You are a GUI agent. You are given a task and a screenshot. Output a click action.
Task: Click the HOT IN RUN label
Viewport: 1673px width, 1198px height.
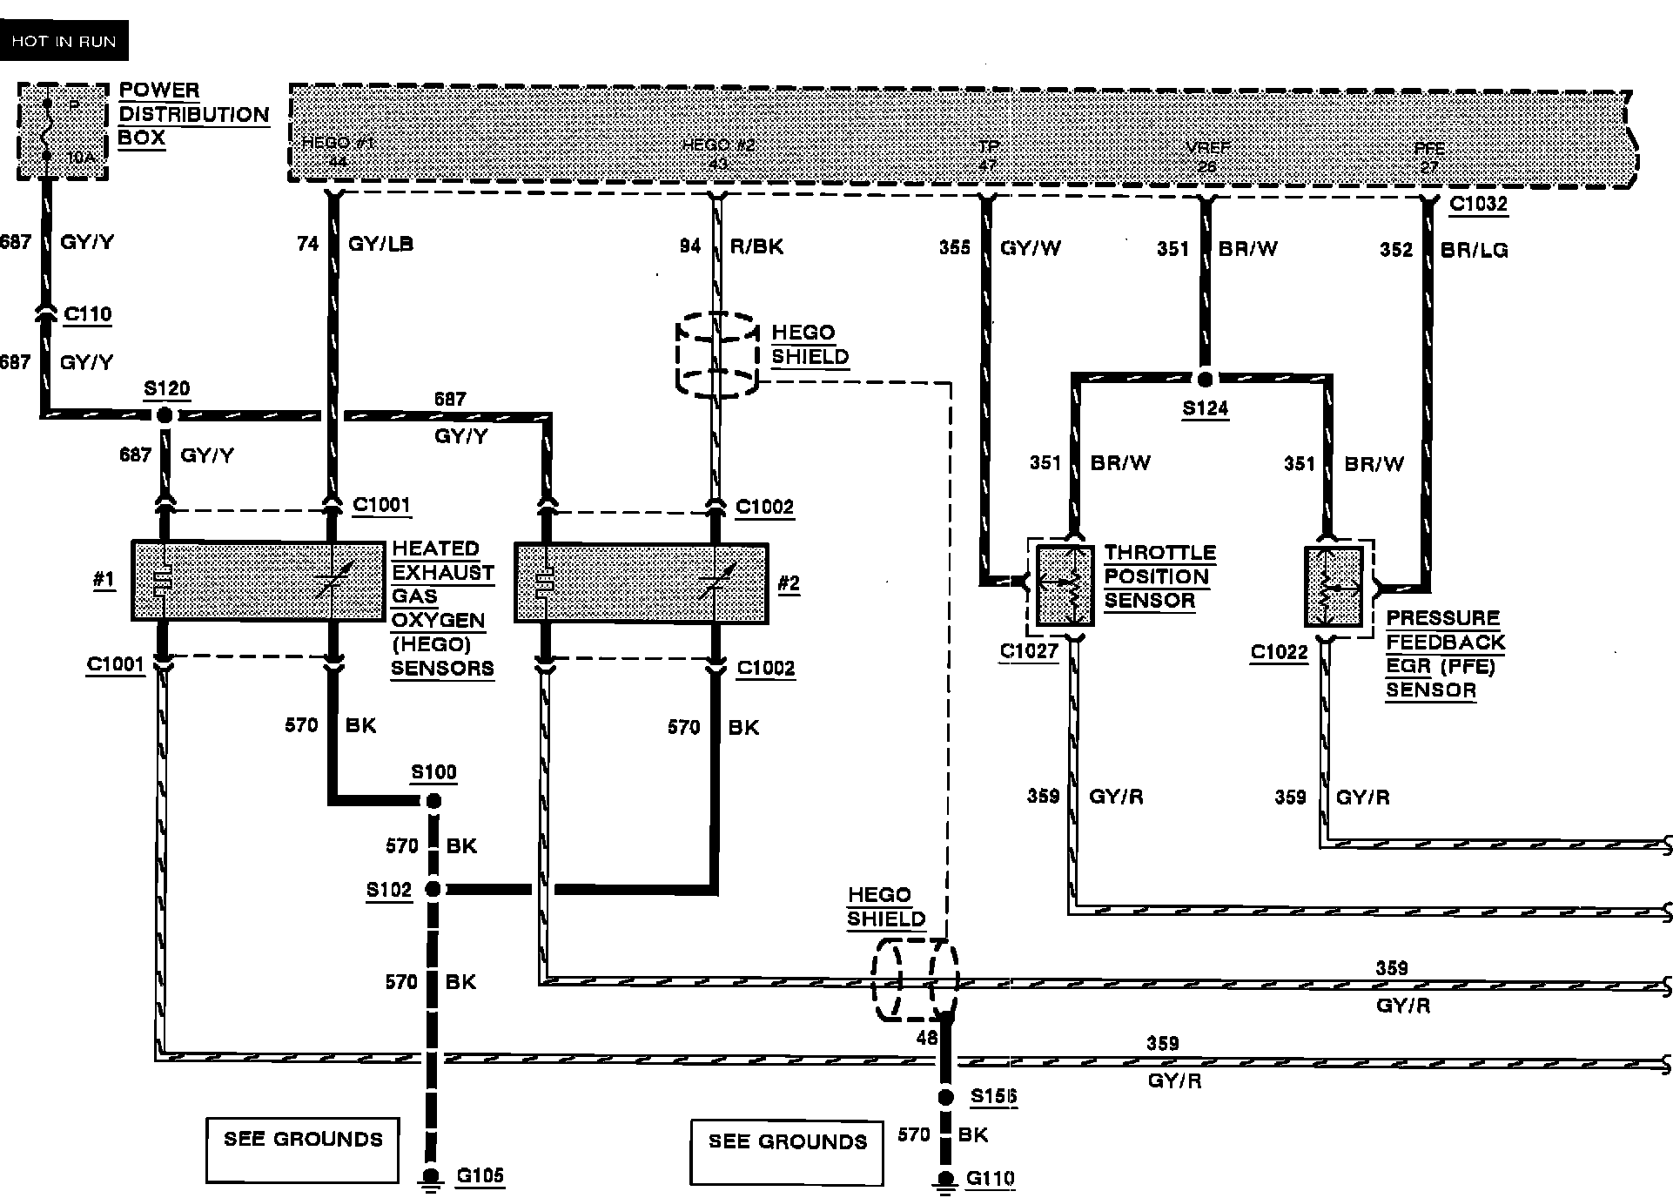[64, 41]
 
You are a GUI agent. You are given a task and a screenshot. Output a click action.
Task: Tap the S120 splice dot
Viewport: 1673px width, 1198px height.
[165, 416]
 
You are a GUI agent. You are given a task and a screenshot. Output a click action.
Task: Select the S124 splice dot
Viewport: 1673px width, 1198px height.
[1205, 380]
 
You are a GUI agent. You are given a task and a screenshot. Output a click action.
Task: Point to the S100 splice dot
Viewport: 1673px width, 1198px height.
[433, 801]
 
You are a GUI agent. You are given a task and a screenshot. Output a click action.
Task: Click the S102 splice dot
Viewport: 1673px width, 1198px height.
[433, 889]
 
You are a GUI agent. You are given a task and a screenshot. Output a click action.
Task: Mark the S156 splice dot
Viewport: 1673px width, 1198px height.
[945, 1098]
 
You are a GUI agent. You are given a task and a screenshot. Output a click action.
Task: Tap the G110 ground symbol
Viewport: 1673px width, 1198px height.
[944, 1179]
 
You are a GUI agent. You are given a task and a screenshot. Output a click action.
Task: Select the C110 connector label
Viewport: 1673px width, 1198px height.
[88, 313]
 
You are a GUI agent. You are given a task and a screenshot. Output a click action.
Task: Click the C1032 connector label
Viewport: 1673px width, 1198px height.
[1478, 205]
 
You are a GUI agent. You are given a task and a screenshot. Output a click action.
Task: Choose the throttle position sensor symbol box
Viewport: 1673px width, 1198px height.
[1065, 586]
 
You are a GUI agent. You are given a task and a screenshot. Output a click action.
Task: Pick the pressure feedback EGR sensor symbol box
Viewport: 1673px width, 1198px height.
[1334, 586]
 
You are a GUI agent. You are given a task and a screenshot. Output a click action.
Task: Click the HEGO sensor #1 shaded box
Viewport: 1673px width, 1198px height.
[258, 581]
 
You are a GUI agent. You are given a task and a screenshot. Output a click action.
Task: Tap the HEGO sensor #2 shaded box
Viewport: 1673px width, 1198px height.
[641, 582]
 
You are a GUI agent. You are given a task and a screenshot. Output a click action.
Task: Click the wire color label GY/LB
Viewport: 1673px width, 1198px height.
[380, 244]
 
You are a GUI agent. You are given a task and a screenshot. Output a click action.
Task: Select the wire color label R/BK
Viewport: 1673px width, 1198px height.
[756, 247]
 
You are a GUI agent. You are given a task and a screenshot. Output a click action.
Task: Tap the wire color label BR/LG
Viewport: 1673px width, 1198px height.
[1474, 250]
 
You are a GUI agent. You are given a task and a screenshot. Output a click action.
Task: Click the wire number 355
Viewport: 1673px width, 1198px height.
[954, 248]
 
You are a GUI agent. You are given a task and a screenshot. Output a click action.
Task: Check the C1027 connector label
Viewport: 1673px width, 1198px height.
[1029, 651]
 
